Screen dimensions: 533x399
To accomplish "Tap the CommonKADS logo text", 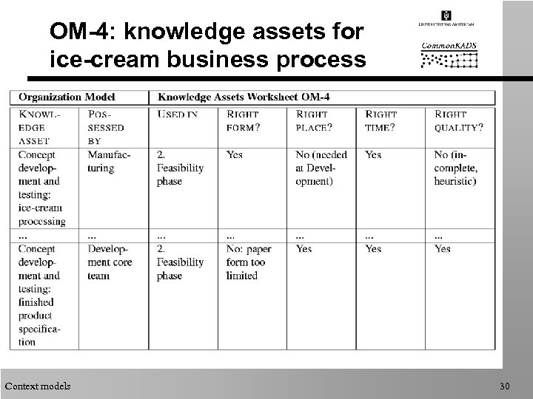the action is (449, 46).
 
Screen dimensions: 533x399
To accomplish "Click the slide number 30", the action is (506, 386).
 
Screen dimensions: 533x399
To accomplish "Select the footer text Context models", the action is (38, 386).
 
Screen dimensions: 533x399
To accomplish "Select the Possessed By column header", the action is (106, 127).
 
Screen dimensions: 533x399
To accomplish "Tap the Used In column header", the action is (177, 115).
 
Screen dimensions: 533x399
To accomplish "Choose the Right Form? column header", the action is (244, 120).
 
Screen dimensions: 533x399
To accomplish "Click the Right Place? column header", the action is (314, 120).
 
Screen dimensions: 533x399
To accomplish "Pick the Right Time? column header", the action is (381, 120).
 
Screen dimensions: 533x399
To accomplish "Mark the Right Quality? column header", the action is (459, 120).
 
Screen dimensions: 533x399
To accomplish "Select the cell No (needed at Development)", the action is (316, 168).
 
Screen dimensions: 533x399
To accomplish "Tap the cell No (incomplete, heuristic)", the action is (456, 168).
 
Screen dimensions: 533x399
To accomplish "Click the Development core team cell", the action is (109, 262).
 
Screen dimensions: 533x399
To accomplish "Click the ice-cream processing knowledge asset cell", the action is (43, 188).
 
